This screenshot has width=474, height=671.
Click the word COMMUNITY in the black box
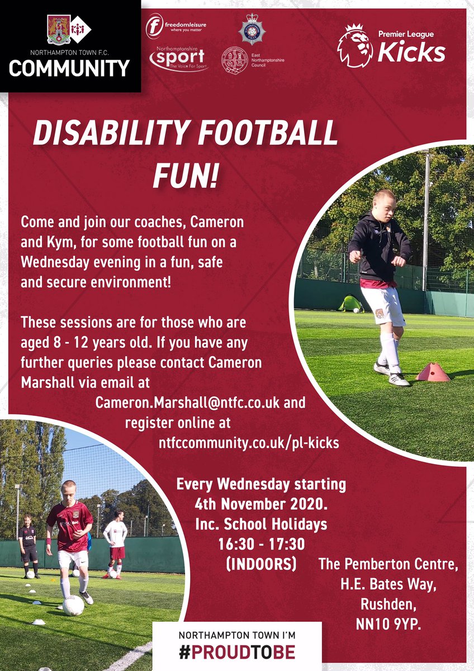click(x=69, y=68)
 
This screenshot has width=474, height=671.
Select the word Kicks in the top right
click(x=411, y=53)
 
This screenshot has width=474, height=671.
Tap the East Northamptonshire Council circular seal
click(x=235, y=60)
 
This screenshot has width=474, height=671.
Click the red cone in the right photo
click(x=433, y=372)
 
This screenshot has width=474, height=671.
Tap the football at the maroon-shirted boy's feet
click(x=73, y=605)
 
